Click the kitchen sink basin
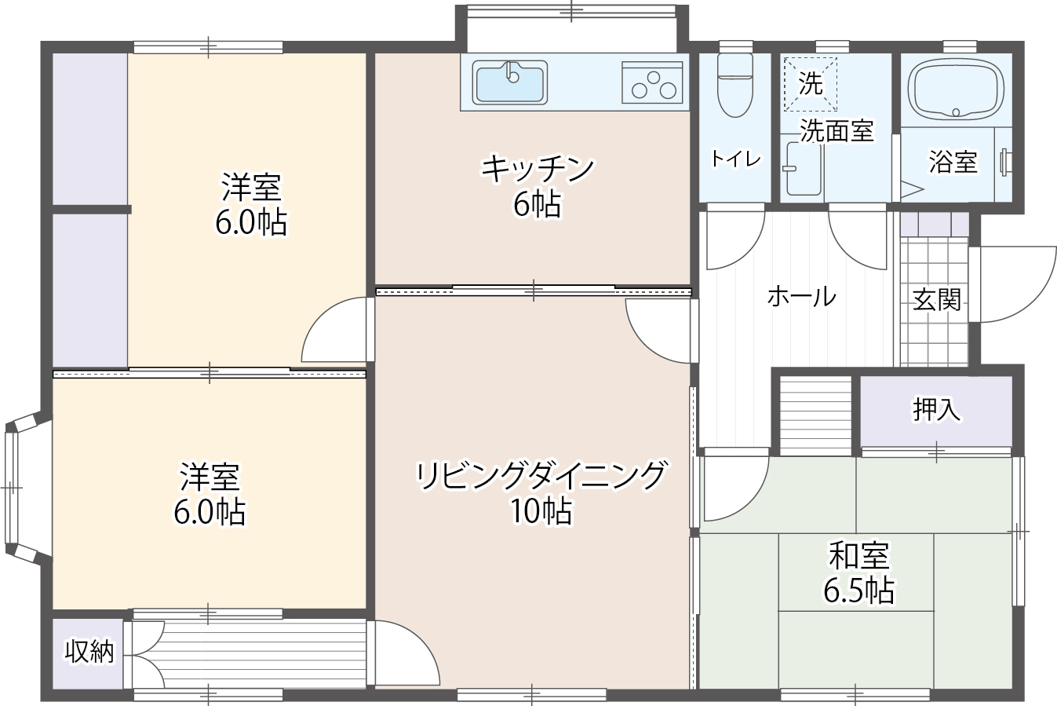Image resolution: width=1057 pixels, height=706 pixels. coord(509,82)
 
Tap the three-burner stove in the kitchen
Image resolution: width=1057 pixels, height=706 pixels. coord(652,82)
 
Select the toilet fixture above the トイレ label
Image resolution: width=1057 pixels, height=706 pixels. coord(734,85)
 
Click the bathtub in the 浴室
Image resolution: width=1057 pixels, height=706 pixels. coord(956,90)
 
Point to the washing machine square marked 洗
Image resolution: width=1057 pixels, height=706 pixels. coord(810,84)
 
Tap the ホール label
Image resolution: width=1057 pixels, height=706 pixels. coord(801,297)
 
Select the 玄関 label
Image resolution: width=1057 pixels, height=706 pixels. coord(937,299)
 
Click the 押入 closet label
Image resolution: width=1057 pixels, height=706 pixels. coord(936,409)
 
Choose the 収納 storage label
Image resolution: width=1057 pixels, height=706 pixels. coord(89,652)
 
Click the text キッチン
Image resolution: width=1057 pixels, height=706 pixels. coord(538,169)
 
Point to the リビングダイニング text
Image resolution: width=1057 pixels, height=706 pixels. coord(541,475)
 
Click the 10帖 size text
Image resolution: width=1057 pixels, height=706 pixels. coord(541,511)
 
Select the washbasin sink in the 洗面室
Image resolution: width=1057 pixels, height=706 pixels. coord(804,169)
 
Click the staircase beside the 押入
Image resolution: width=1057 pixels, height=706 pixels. coord(815,415)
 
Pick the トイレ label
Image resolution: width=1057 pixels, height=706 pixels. coord(735,159)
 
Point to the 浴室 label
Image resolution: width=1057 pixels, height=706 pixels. coord(953,162)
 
